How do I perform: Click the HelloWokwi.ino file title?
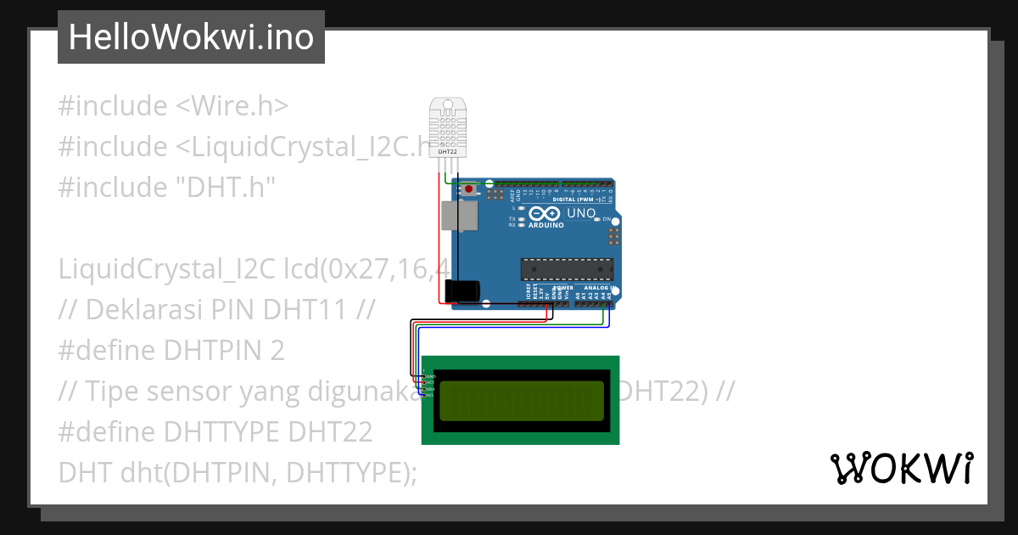tap(191, 37)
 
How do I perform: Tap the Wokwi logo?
tap(902, 468)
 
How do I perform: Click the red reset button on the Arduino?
tap(468, 189)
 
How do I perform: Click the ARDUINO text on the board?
tap(546, 226)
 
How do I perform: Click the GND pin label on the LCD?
tap(430, 376)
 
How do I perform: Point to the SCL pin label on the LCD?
tap(430, 395)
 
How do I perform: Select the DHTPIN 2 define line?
tap(171, 350)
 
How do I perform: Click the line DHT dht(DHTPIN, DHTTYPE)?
tap(238, 472)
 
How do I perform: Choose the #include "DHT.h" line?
tap(167, 188)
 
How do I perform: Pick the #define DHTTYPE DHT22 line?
tap(215, 431)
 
